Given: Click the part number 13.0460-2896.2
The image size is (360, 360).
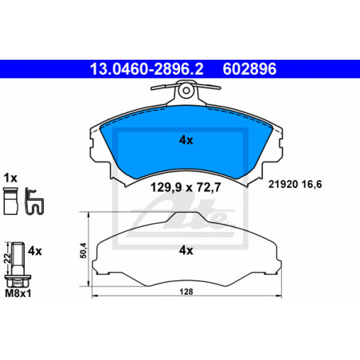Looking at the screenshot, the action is tap(147, 69).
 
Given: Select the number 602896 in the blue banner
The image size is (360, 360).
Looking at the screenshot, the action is tap(249, 69).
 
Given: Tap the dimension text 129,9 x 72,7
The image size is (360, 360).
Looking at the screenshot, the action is tap(186, 187).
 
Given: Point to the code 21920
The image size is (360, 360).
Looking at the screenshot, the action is tap(284, 184).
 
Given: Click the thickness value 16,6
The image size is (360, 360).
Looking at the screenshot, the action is tap(312, 184).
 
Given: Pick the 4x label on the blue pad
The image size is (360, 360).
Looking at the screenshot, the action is tap(186, 140).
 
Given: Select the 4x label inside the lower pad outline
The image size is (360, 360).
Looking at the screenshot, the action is tap(186, 250).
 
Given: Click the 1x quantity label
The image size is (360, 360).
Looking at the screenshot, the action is tap(10, 178).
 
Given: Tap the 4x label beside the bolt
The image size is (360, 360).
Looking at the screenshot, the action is tap(35, 251).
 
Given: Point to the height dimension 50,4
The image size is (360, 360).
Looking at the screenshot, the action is tap(84, 250).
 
